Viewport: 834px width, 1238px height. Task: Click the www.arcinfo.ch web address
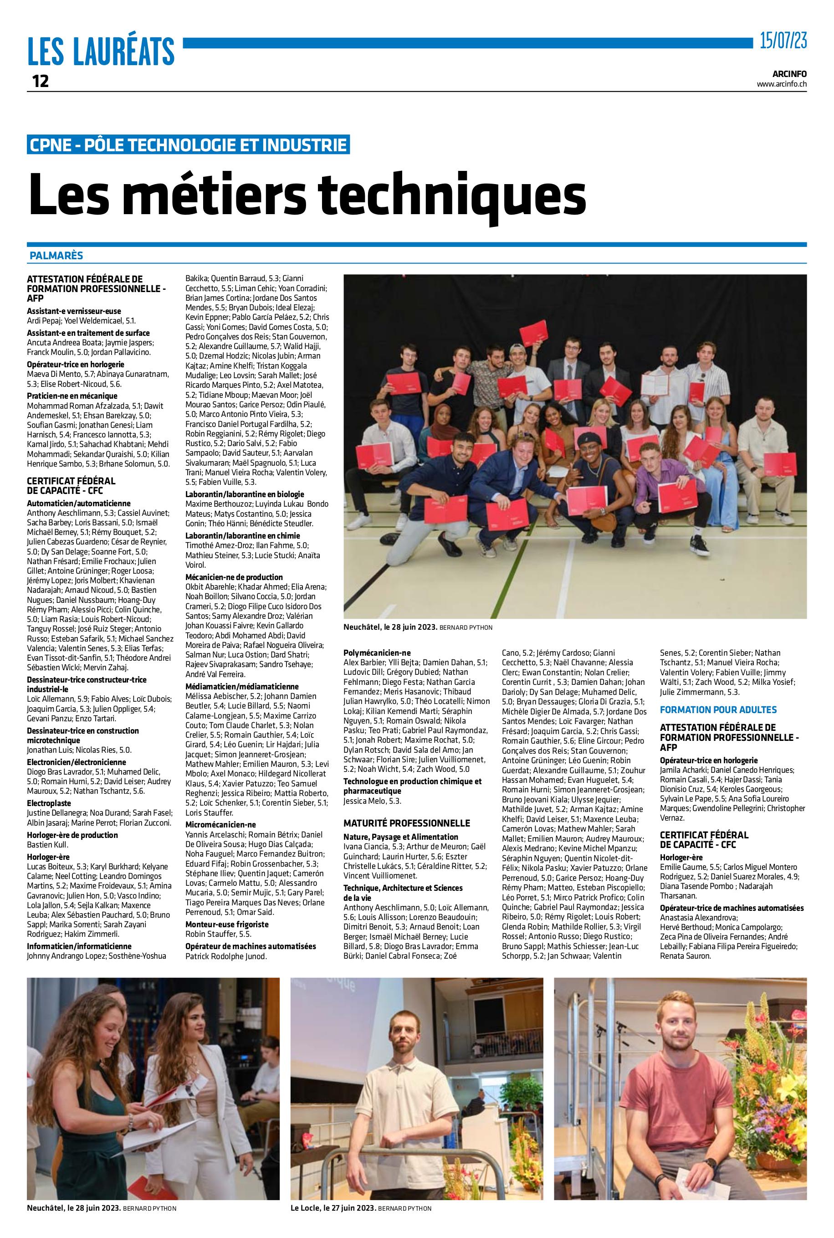781,83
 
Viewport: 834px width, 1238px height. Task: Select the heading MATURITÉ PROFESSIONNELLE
407,823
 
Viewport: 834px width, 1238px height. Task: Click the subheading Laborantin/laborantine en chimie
242,535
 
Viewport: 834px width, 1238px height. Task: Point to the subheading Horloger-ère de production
72,835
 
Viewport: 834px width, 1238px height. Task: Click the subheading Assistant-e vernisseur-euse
74,311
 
